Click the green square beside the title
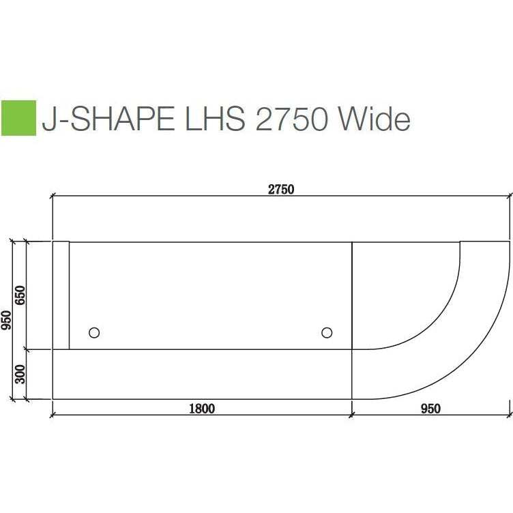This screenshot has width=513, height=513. pos(18,118)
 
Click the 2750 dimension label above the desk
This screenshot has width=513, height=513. pos(280,190)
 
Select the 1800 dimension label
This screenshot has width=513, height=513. pos(201,409)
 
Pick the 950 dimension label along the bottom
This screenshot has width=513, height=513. pos(430,409)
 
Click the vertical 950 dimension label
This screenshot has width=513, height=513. pos(6,320)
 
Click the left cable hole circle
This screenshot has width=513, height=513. pos(94,332)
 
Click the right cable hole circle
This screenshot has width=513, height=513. pos(327,332)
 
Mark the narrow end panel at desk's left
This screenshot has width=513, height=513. pos(61,295)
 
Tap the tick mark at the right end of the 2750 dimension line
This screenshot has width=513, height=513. pos(509,195)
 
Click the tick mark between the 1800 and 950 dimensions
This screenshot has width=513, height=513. pos(351,413)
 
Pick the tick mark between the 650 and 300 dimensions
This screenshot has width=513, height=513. pos(25,349)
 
